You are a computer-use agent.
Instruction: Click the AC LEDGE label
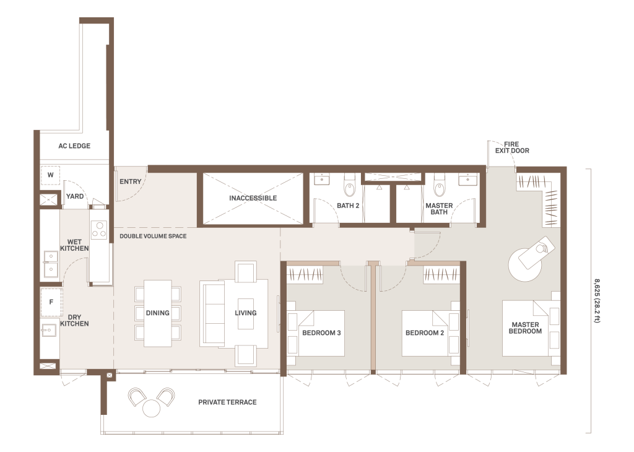(x=74, y=146)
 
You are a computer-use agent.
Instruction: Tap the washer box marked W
(x=50, y=175)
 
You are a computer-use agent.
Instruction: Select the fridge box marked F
(x=51, y=302)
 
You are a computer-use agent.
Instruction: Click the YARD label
(x=75, y=196)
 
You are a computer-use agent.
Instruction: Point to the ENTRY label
(x=130, y=182)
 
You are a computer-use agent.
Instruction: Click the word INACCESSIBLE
(x=253, y=198)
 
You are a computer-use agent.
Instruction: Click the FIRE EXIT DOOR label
(x=512, y=147)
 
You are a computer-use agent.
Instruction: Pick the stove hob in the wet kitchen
(x=99, y=229)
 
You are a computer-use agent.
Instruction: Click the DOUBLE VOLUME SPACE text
(x=153, y=236)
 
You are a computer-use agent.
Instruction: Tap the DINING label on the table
(x=158, y=313)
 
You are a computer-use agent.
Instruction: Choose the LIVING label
(x=245, y=313)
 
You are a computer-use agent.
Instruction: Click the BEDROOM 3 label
(x=321, y=333)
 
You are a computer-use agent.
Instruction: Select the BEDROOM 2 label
(x=425, y=333)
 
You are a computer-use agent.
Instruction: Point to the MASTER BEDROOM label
(x=525, y=328)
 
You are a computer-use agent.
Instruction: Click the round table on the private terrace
(x=151, y=407)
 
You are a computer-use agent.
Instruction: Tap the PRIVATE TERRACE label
(x=227, y=402)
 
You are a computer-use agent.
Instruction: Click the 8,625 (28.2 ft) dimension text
(x=597, y=301)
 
